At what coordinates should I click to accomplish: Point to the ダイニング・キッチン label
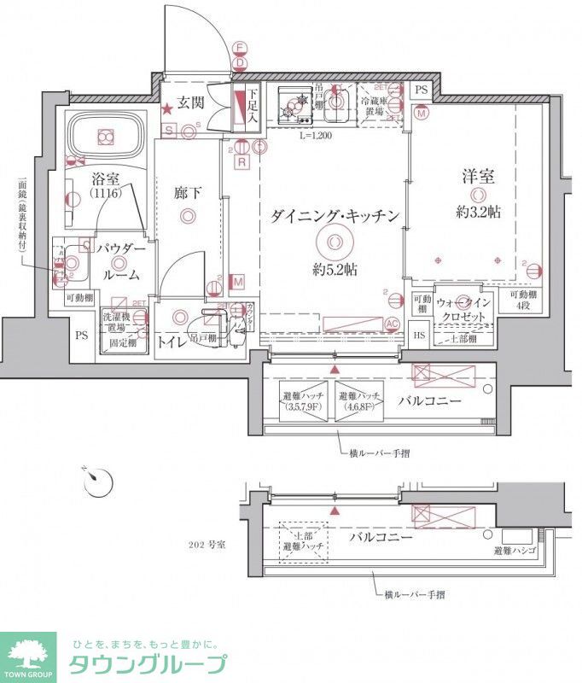[x=335, y=217]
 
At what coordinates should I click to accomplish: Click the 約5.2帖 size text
[x=335, y=269]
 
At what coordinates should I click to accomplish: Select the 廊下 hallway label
[x=188, y=194]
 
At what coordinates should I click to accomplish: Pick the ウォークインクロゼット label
[x=464, y=309]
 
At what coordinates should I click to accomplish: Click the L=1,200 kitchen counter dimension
[x=316, y=136]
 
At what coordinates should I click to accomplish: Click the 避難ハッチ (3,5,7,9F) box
[x=301, y=401]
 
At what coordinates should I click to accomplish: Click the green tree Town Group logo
[x=27, y=656]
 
